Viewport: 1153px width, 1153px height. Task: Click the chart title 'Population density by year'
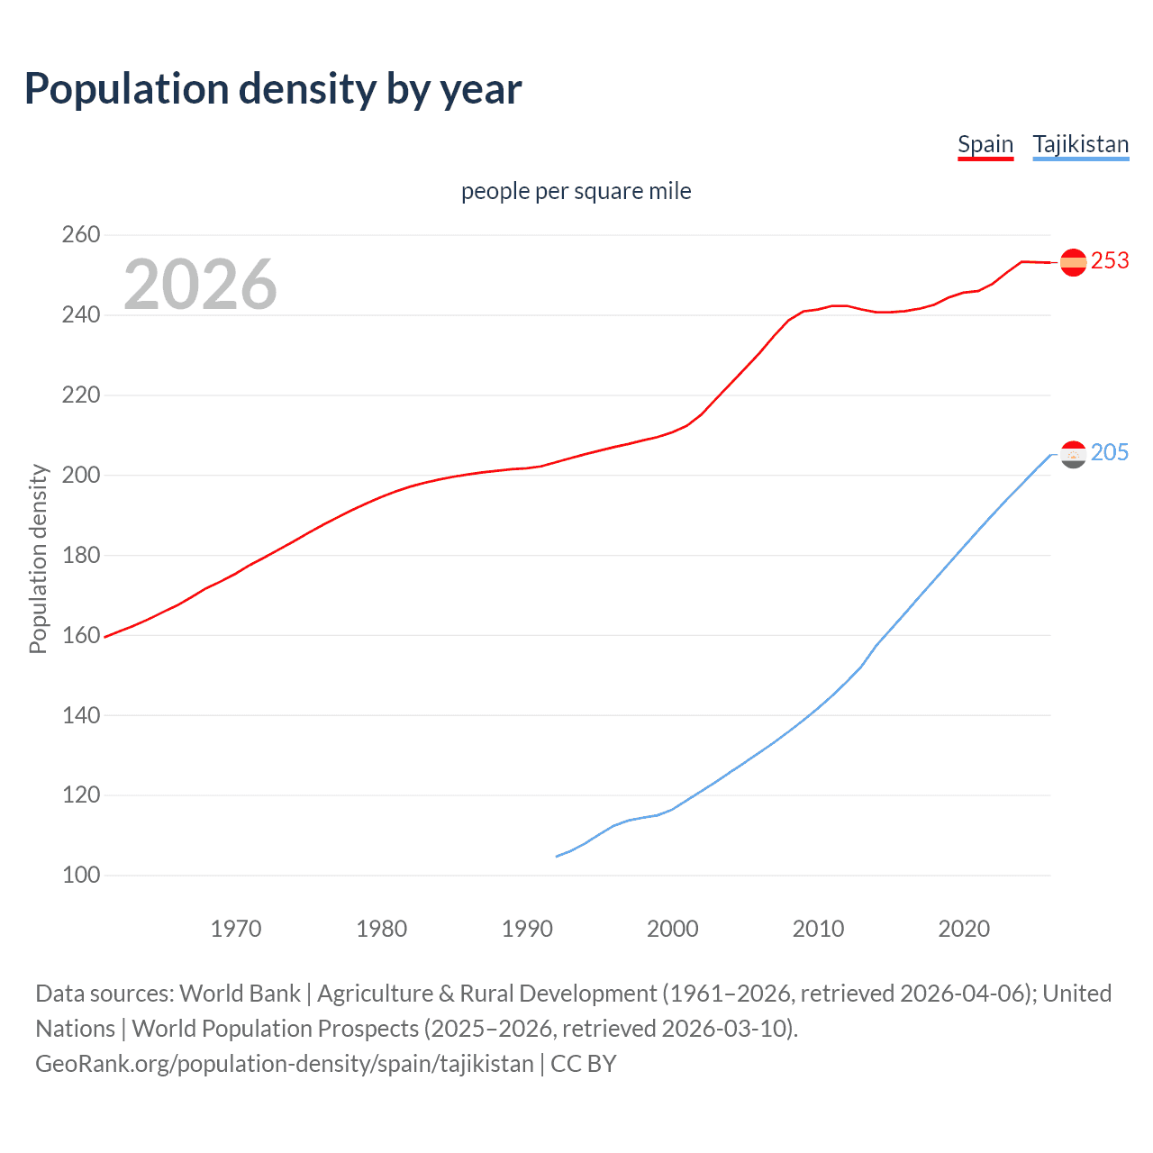coord(273,89)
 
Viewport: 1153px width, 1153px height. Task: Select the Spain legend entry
coord(985,144)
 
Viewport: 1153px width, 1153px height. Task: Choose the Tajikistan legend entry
coord(1080,144)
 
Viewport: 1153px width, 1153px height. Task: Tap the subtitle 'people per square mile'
coord(576,192)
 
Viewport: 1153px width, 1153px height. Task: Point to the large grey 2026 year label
coord(200,285)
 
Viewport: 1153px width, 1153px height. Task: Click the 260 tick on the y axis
coord(81,235)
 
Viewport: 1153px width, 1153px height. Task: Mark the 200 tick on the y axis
coord(81,475)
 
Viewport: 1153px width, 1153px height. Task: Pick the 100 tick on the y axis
coord(81,875)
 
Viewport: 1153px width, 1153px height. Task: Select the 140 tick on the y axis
coord(81,715)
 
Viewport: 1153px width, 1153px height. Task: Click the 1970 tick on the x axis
coord(236,929)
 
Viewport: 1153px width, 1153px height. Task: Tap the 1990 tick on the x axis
coord(527,929)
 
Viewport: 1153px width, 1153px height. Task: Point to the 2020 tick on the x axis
coord(964,929)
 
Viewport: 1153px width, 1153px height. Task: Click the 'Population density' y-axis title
coord(38,558)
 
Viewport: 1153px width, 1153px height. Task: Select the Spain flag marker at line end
coord(1073,262)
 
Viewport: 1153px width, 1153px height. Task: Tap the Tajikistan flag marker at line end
coord(1073,455)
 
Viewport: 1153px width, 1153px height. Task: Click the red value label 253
coord(1110,261)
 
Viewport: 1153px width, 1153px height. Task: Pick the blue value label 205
coord(1110,452)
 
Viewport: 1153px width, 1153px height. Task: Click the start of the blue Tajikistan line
coord(557,857)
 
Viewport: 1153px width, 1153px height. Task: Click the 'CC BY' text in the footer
coord(584,1064)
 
